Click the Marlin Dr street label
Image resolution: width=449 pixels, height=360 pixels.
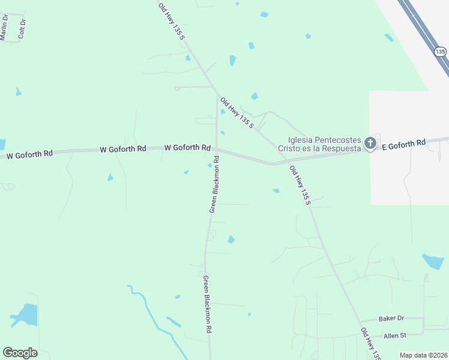click(4, 27)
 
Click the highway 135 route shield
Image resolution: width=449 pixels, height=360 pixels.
click(441, 52)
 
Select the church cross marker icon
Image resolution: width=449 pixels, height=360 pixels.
click(370, 143)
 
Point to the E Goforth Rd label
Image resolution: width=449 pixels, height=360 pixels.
click(403, 144)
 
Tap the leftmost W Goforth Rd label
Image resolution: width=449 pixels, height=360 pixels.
click(29, 154)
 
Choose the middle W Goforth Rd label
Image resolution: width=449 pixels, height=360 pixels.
click(122, 148)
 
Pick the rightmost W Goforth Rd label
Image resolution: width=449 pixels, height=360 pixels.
click(187, 147)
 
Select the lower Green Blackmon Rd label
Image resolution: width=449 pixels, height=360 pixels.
click(207, 304)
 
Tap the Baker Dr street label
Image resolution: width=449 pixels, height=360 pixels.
click(391, 318)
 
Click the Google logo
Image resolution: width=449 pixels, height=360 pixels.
click(20, 353)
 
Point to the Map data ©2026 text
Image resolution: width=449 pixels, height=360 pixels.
click(424, 355)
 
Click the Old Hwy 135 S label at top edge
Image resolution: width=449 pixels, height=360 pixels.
click(172, 22)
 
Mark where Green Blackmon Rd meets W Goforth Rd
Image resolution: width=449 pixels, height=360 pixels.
click(217, 149)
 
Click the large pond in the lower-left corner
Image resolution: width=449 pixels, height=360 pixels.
click(25, 315)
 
